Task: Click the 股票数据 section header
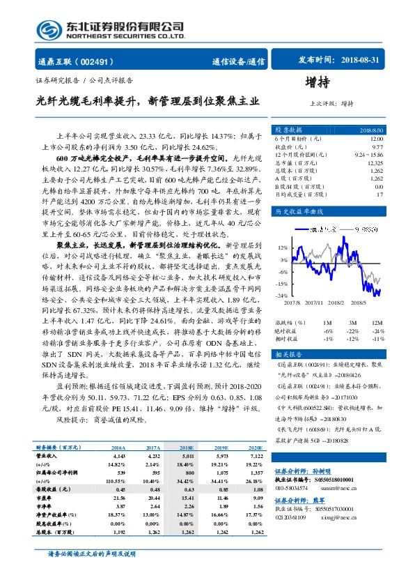click(288, 130)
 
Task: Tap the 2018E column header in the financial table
click(186, 448)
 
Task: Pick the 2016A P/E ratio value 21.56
click(118, 498)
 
